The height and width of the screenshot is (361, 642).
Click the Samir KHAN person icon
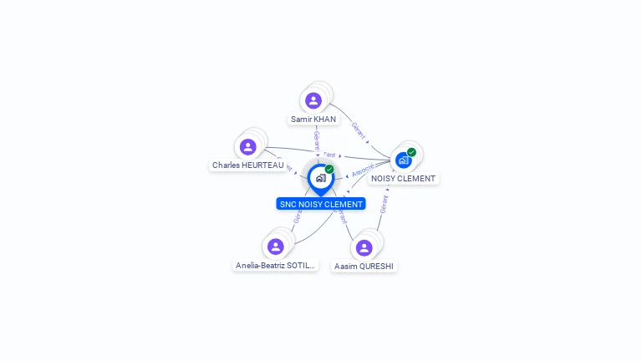pyautogui.click(x=313, y=101)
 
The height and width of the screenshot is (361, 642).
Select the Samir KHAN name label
pyautogui.click(x=313, y=119)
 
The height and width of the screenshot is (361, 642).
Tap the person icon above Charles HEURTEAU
pyautogui.click(x=247, y=147)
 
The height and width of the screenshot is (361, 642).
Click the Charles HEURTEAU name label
pyautogui.click(x=247, y=165)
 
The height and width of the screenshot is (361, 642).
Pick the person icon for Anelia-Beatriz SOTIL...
pyautogui.click(x=276, y=247)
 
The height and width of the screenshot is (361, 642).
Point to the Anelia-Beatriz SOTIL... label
pyautogui.click(x=276, y=266)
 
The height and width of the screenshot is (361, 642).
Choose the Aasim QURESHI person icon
pyautogui.click(x=364, y=247)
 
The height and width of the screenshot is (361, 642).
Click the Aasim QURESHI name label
pyautogui.click(x=364, y=267)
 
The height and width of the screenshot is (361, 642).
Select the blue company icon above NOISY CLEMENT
pyautogui.click(x=404, y=160)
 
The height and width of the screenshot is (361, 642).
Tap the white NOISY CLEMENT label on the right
pyautogui.click(x=403, y=179)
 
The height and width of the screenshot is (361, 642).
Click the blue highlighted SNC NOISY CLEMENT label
pyautogui.click(x=321, y=204)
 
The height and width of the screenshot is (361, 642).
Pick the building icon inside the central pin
pyautogui.click(x=320, y=177)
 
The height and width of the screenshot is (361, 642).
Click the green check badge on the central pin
pyautogui.click(x=329, y=170)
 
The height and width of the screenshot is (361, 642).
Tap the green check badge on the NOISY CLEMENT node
pyautogui.click(x=411, y=152)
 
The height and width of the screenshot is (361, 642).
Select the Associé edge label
pyautogui.click(x=363, y=170)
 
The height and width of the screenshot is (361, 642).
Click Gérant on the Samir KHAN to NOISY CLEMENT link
pyautogui.click(x=359, y=130)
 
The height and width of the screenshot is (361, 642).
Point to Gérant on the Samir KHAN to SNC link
pyautogui.click(x=316, y=139)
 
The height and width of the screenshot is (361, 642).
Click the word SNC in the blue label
pyautogui.click(x=288, y=204)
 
